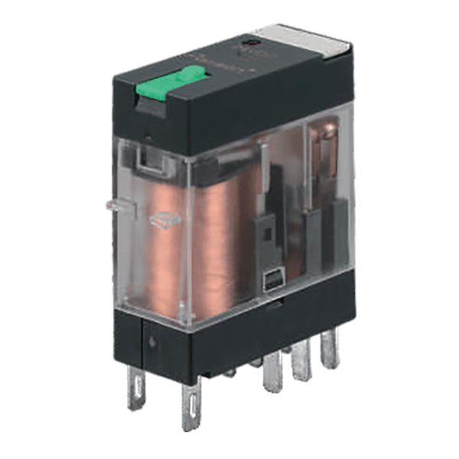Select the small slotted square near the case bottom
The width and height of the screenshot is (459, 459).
pyautogui.click(x=270, y=282)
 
